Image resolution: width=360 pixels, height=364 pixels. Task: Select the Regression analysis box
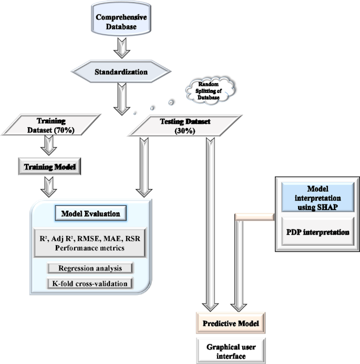point(90,268)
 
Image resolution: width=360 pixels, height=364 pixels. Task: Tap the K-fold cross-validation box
point(90,284)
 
